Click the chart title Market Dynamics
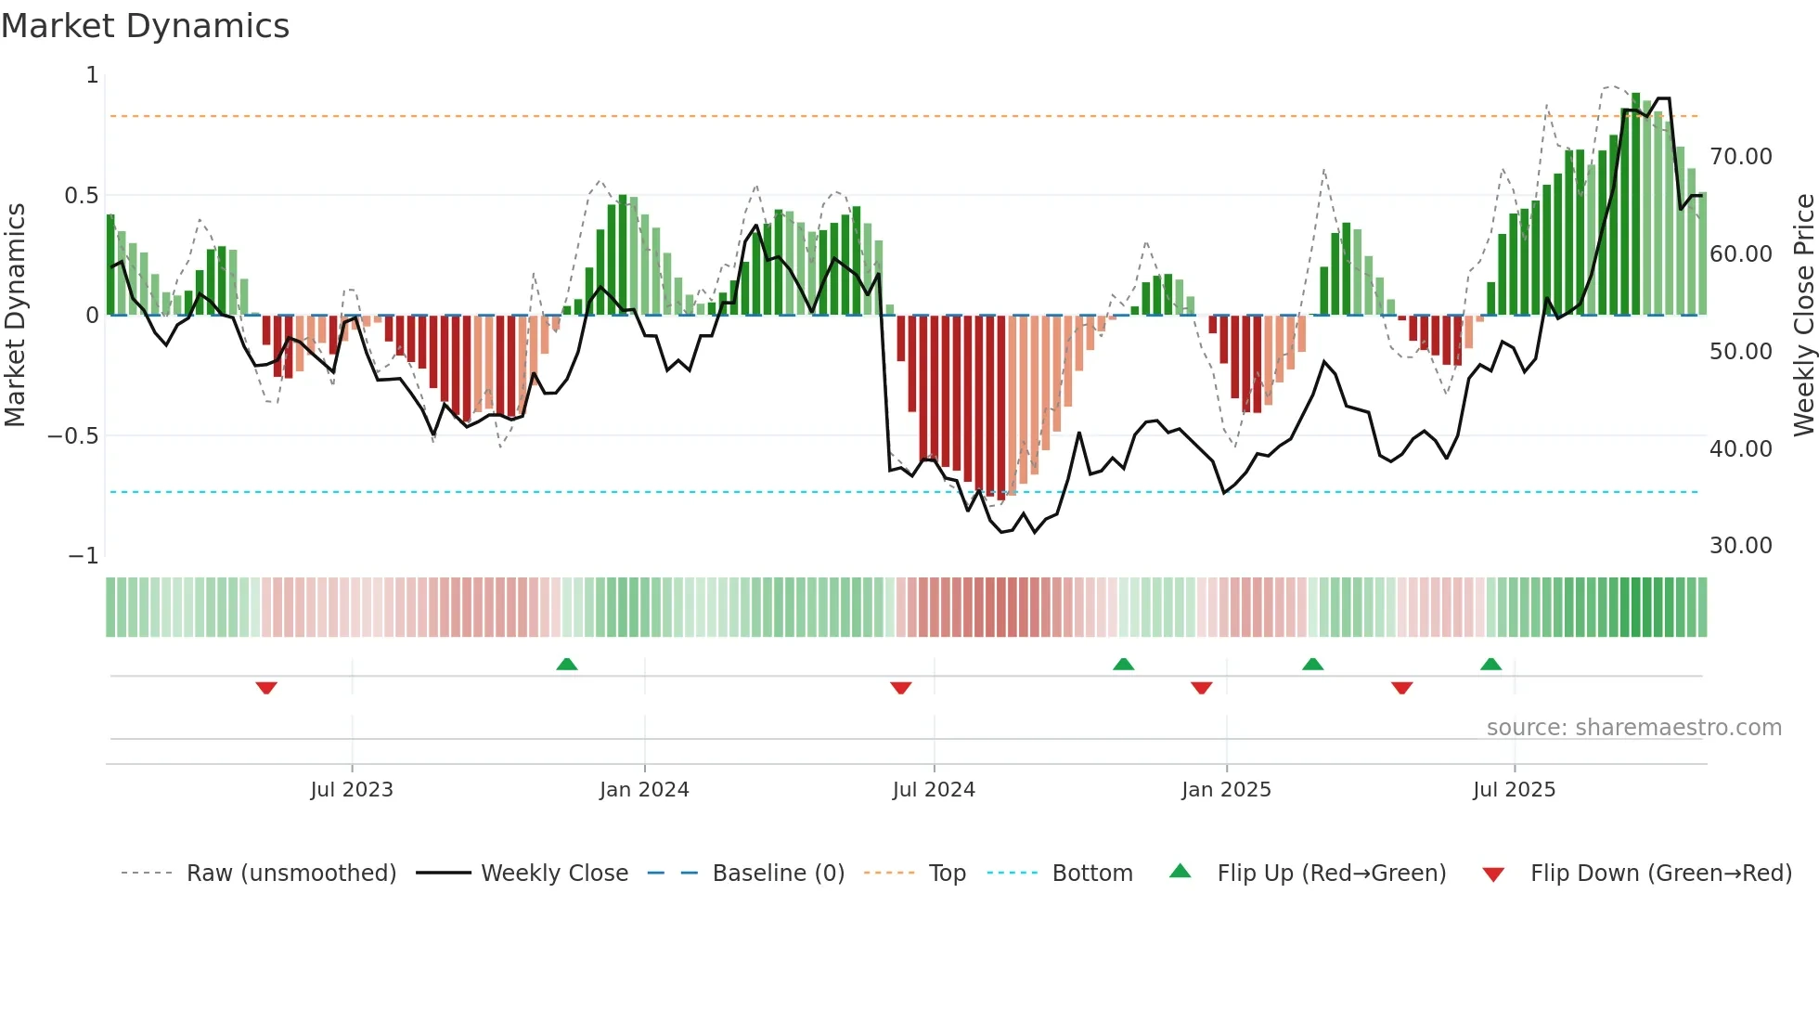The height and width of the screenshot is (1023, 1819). coord(146,26)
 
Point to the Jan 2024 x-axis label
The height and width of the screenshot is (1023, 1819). coord(644,790)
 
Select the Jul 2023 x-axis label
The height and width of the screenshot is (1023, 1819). coord(352,790)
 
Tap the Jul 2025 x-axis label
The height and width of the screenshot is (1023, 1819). coord(1514,790)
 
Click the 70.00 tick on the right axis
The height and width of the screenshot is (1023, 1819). coord(1740,157)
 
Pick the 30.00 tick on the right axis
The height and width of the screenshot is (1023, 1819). coord(1740,546)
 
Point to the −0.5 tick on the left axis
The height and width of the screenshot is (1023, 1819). coord(73,436)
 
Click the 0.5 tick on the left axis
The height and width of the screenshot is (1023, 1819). coord(81,196)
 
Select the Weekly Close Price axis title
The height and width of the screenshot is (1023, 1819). coord(1803,315)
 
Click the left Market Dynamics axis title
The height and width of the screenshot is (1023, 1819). coord(15,315)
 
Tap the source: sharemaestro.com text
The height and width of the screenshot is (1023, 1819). coord(1633,728)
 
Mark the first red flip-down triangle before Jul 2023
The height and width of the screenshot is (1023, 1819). coord(266,688)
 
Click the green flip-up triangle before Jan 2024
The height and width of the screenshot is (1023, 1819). coord(567,664)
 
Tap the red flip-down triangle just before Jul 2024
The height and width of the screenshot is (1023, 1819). coord(900,688)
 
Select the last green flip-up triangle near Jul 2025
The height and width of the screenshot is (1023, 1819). coord(1490,664)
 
